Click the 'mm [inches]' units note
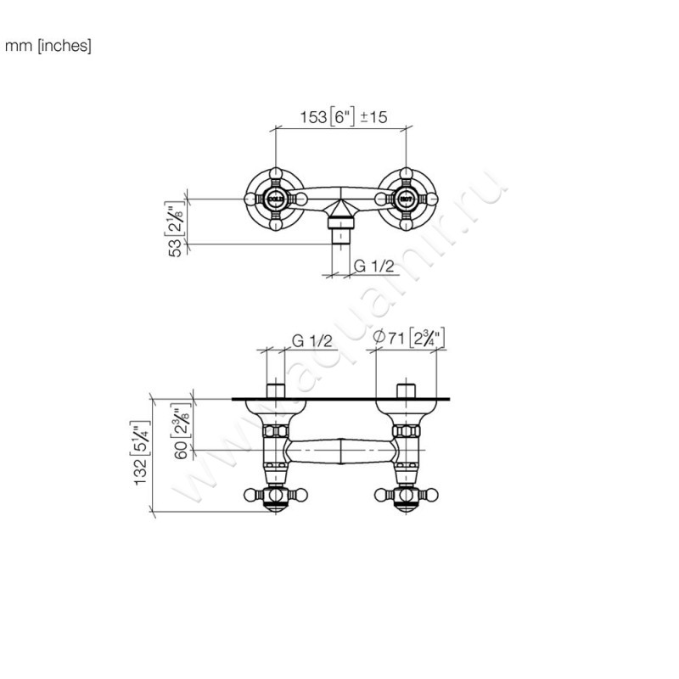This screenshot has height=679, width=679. pos(48,45)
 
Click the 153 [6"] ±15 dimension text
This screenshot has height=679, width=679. pos(345,118)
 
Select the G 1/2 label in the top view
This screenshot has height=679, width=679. pos(374,266)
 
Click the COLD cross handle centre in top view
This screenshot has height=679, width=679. pos(276,200)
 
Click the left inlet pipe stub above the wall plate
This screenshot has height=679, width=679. pos(276,391)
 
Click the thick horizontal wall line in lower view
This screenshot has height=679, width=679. pos(339,399)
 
